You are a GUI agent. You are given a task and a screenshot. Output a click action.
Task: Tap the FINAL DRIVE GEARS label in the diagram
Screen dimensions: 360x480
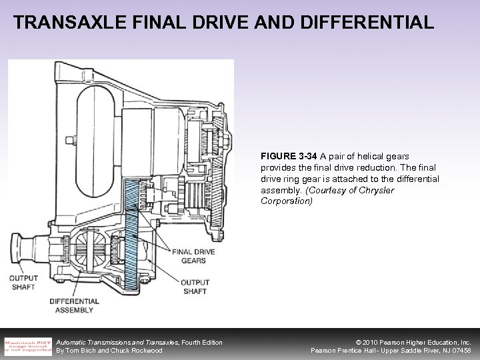click(193, 256)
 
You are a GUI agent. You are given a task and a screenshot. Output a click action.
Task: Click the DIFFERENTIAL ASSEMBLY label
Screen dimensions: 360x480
click(74, 305)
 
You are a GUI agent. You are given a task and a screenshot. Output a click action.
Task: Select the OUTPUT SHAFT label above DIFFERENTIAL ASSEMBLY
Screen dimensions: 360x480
click(23, 282)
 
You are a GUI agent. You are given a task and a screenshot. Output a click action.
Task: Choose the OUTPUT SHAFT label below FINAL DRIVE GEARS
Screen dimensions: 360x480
click(195, 287)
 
